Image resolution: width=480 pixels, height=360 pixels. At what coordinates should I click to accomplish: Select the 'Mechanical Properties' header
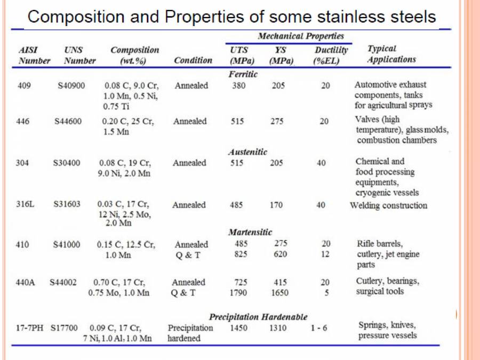(301, 36)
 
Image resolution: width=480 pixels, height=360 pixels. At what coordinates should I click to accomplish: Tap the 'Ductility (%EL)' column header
(331, 55)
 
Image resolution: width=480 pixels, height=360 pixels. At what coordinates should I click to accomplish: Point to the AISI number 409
(24, 85)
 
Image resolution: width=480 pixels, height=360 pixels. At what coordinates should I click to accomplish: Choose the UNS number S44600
(68, 122)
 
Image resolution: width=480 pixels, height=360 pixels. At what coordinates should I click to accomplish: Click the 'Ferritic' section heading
(243, 74)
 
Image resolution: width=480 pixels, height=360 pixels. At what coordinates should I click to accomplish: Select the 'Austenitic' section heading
(247, 152)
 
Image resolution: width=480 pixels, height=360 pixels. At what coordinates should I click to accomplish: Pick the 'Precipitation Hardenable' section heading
(258, 317)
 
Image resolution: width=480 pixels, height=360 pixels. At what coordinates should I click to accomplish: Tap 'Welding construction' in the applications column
(388, 205)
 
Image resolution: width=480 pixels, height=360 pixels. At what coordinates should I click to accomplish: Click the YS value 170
(276, 205)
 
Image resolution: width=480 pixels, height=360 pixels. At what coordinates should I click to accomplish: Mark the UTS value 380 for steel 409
(238, 85)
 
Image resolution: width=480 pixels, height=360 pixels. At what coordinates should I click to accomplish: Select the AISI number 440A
(26, 282)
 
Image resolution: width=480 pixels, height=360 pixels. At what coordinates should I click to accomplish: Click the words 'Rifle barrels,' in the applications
(379, 244)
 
